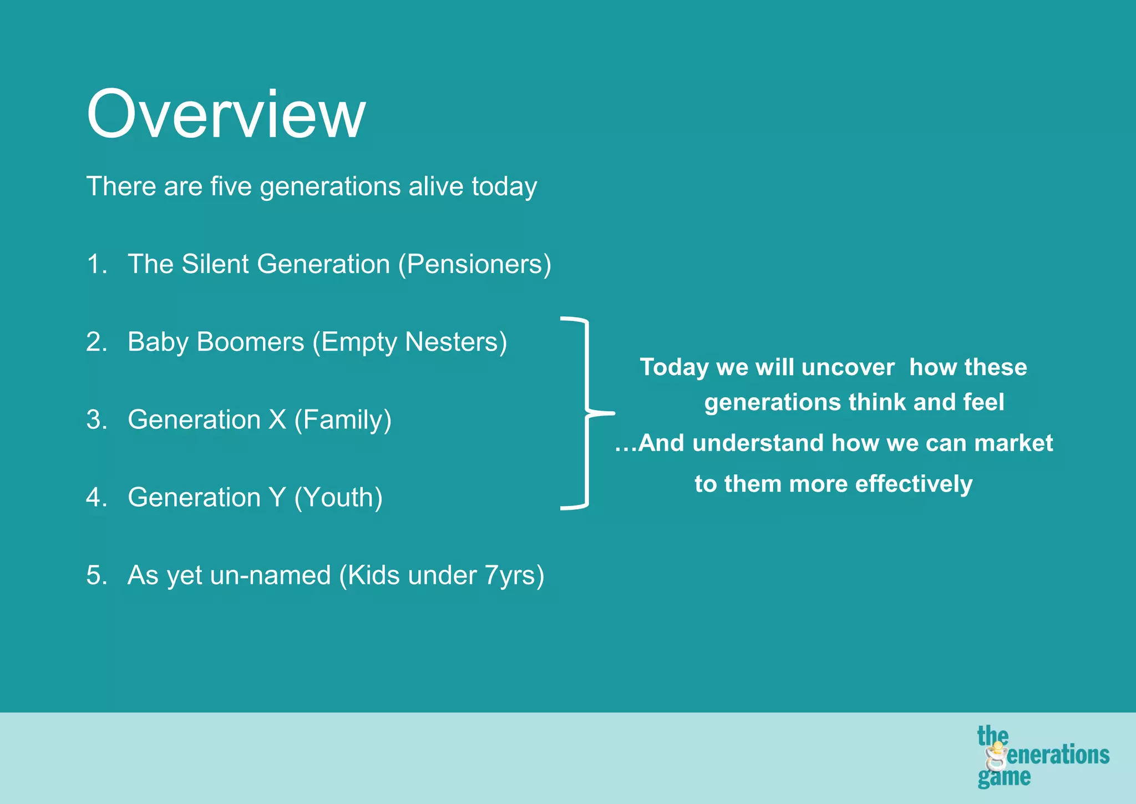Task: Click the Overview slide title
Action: [x=226, y=114]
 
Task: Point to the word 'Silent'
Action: [x=215, y=264]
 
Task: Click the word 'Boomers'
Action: [x=250, y=342]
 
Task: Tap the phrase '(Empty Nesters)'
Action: [x=409, y=342]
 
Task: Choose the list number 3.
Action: [x=95, y=419]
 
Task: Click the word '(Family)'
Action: [x=343, y=420]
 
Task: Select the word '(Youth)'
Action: [x=338, y=498]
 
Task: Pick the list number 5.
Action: [x=95, y=575]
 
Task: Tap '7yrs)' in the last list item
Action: [x=514, y=575]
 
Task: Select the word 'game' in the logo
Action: [x=1003, y=777]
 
